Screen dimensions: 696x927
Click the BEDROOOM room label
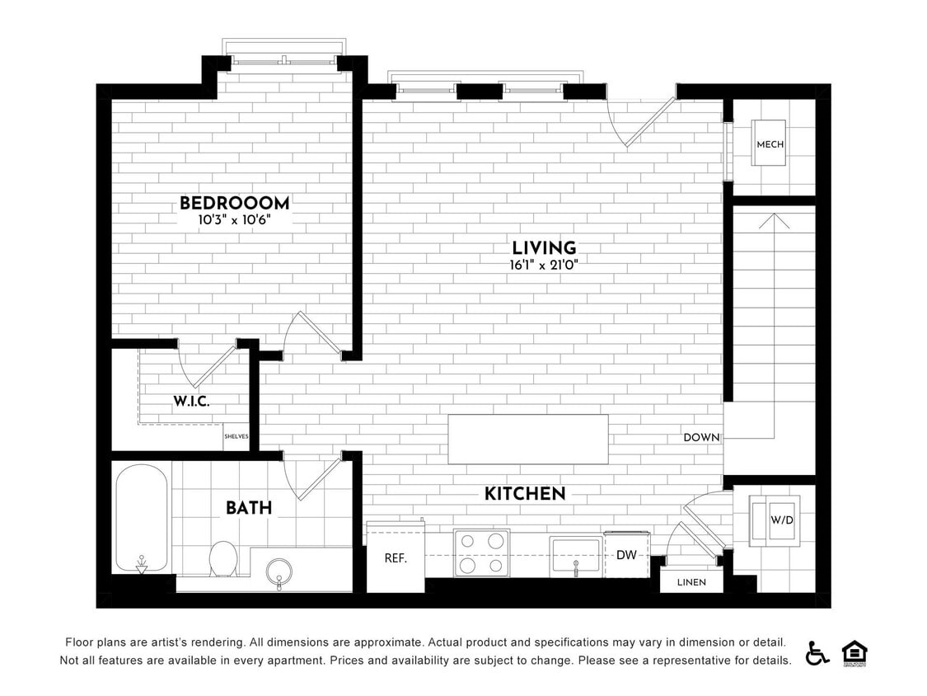(234, 203)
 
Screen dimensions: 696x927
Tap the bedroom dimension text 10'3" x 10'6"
(234, 220)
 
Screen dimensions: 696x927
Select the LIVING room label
(544, 248)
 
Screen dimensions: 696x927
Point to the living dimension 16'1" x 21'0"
(544, 266)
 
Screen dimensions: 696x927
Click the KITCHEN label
(525, 494)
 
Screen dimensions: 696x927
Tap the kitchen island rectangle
(528, 440)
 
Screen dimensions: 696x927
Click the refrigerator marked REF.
(396, 557)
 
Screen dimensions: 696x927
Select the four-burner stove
(481, 553)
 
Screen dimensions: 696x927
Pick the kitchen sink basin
(575, 555)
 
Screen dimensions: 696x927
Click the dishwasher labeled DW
(627, 554)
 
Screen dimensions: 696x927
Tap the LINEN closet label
(691, 582)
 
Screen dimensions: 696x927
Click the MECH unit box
(770, 143)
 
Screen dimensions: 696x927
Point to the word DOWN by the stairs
(701, 438)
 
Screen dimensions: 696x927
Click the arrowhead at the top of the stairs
(773, 220)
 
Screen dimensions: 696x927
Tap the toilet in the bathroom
(222, 558)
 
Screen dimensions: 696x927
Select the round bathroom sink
(279, 570)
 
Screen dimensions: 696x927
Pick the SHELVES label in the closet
(236, 437)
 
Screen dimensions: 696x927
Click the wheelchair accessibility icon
(817, 652)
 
